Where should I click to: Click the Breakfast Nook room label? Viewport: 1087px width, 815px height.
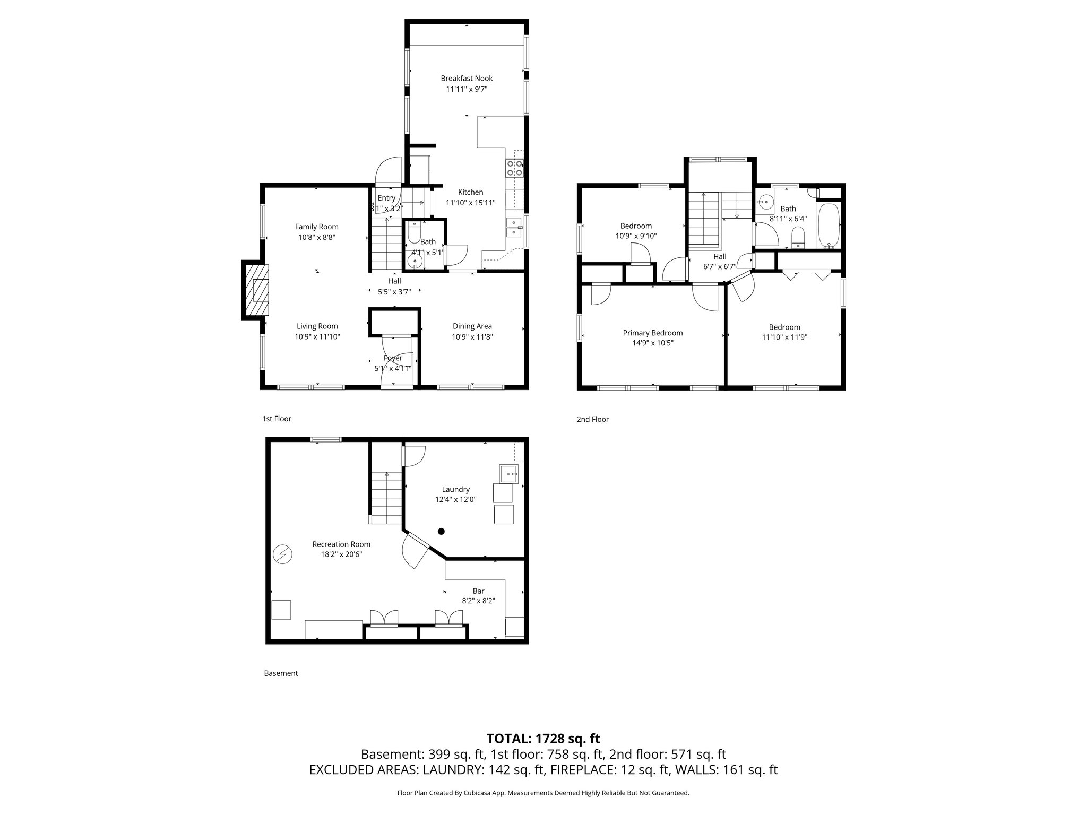click(x=467, y=79)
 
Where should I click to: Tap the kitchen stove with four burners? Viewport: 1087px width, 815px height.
click(x=514, y=168)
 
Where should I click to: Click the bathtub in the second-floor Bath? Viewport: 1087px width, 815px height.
click(x=828, y=226)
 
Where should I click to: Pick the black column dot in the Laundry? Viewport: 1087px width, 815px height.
click(x=441, y=531)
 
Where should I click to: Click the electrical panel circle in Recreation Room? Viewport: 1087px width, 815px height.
click(x=282, y=554)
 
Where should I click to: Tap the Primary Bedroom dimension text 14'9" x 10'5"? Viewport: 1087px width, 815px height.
click(x=652, y=343)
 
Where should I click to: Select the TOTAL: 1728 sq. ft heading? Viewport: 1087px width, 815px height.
click(x=543, y=739)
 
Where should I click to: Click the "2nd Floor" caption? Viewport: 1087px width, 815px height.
click(x=592, y=419)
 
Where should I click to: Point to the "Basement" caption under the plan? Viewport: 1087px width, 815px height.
click(x=281, y=673)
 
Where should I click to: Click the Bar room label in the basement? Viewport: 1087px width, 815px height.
click(x=478, y=591)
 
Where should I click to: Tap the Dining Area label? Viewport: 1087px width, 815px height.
click(x=472, y=326)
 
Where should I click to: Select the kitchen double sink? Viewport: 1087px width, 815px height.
click(x=513, y=227)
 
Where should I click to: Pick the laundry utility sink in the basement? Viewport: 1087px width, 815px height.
click(x=508, y=473)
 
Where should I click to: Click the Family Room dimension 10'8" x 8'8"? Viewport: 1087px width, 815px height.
click(x=316, y=237)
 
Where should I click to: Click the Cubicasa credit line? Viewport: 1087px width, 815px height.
click(x=543, y=793)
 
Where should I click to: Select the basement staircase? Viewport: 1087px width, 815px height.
click(x=386, y=498)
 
